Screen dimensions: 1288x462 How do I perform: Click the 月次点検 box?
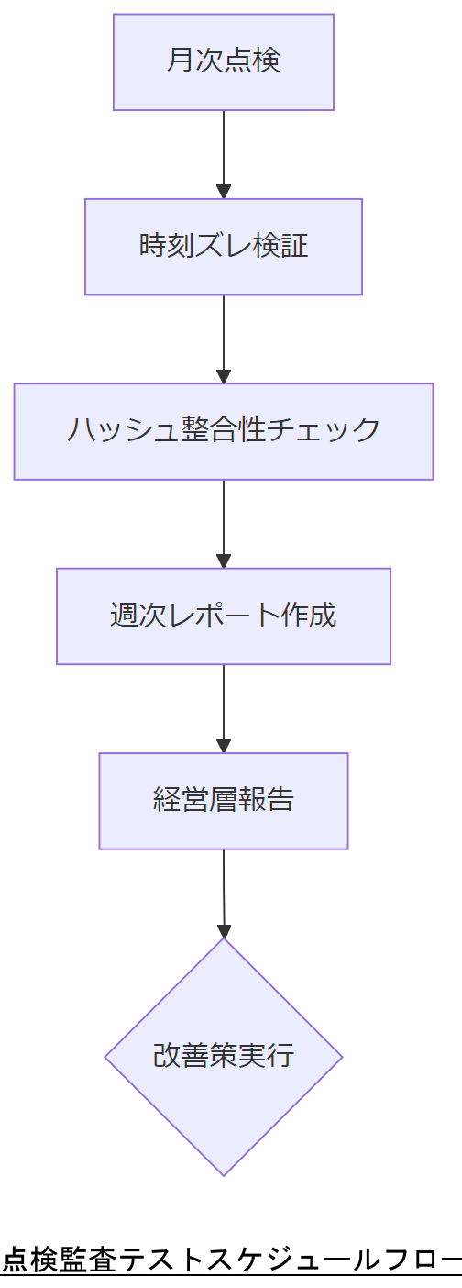[x=223, y=61]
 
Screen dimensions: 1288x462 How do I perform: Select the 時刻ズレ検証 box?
[x=223, y=247]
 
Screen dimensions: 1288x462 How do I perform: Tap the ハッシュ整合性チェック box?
[x=223, y=431]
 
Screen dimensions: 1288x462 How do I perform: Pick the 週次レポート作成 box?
[x=223, y=616]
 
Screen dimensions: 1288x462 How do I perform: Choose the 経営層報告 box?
[x=223, y=801]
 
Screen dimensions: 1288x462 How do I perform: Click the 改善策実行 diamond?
[x=223, y=1056]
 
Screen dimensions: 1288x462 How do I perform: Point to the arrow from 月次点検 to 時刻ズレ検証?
[x=223, y=151]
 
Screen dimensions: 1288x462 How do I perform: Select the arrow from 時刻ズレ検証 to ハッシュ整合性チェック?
[x=223, y=336]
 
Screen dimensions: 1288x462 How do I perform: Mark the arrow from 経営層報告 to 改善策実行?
[x=223, y=890]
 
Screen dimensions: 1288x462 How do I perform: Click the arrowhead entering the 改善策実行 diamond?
[x=224, y=930]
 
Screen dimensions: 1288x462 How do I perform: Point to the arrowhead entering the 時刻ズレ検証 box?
[x=223, y=192]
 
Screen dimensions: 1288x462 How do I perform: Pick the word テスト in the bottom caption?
[x=159, y=1260]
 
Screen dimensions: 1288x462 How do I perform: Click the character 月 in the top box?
[x=180, y=61]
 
